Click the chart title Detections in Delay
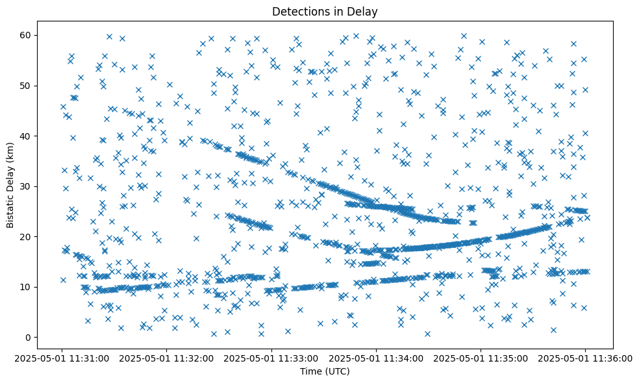325,12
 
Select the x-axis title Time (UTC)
325,371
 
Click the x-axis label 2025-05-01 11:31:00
62,357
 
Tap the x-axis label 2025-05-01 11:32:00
167,357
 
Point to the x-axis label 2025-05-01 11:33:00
271,357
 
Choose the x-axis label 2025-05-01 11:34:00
376,357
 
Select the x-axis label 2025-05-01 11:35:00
481,357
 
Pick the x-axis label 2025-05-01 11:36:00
585,357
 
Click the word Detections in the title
301,12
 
